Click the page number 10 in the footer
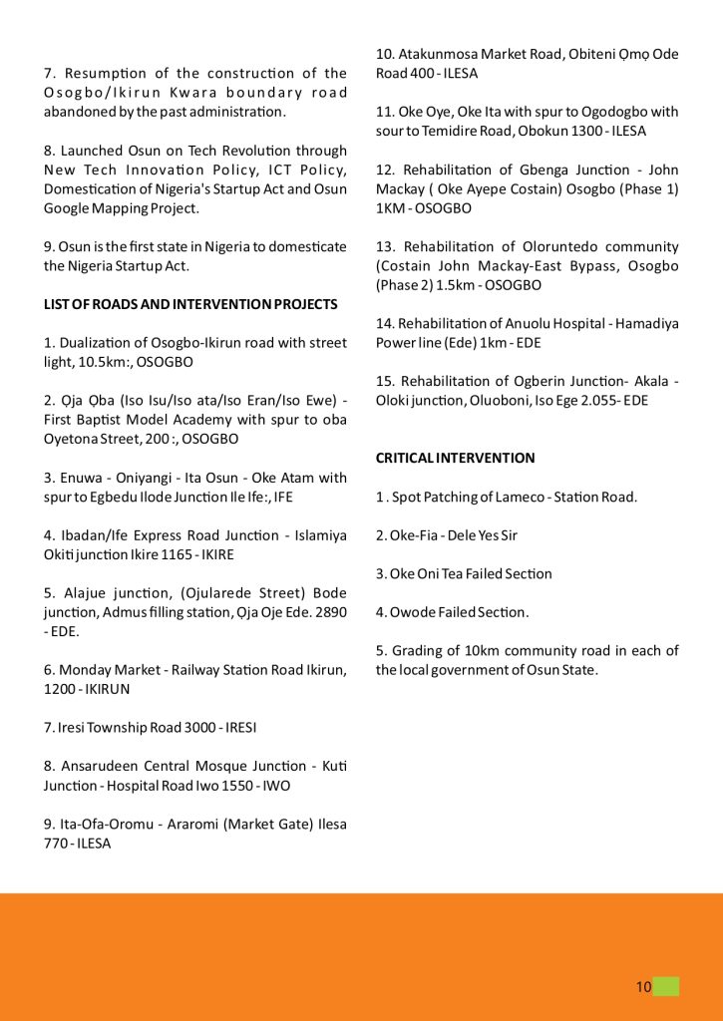tap(643, 987)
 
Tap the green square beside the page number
tap(666, 987)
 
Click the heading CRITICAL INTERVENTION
tap(455, 458)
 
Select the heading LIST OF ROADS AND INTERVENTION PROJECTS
tap(190, 304)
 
